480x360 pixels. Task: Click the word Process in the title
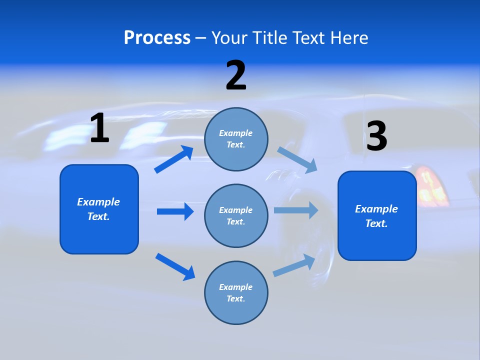coord(157,38)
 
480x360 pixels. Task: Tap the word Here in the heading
coord(348,38)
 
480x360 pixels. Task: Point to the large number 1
coord(99,128)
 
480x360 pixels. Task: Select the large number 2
coord(236,75)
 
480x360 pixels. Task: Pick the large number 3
coord(376,136)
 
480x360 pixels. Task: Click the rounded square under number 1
coord(99,209)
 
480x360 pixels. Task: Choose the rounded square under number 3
coord(377,215)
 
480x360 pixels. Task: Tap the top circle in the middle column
coord(236,139)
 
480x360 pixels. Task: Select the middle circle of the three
coord(236,215)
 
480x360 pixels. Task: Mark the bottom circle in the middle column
coord(236,292)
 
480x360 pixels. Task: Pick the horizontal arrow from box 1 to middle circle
coord(175,211)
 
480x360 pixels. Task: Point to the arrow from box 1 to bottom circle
coord(175,266)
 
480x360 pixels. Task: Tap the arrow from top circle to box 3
coord(297,160)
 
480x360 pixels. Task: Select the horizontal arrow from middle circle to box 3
coord(296,210)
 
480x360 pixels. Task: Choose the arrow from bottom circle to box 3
coord(294,265)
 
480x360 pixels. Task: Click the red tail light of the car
coord(431,187)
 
